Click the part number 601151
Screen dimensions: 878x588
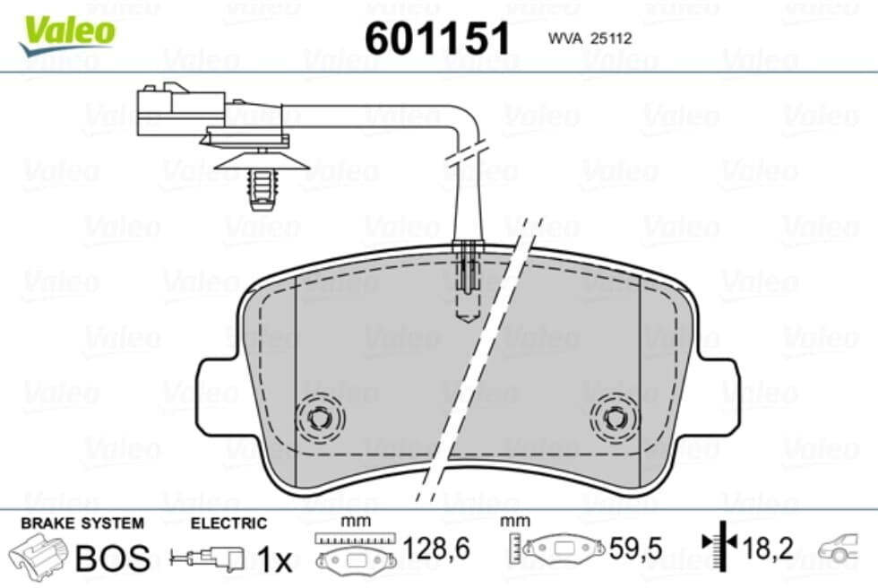[x=437, y=38]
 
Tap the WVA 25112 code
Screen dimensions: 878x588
[x=590, y=38]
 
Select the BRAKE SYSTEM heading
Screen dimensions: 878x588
[x=82, y=523]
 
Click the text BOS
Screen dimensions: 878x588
[x=113, y=558]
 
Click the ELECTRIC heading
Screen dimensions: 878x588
[x=228, y=523]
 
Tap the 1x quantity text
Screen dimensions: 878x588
[x=274, y=558]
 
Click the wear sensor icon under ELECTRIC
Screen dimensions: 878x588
[x=207, y=558]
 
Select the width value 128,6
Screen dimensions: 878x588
[x=436, y=549]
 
